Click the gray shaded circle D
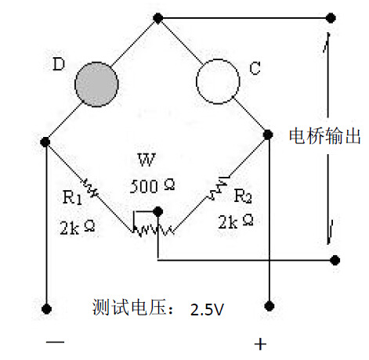coord(96,85)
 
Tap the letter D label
coord(59,64)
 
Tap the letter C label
coord(255,68)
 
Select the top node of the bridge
coord(157,18)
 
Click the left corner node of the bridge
coord(45,142)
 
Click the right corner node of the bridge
coord(268,135)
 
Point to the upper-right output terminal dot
coord(331,18)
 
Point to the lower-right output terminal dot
coord(335,260)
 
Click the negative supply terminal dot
coord(46,309)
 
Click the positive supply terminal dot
coord(270,306)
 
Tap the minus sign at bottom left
coord(55,342)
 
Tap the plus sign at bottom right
coord(260,344)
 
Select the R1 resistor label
coord(72,197)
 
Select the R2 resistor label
coord(243,196)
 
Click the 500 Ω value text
coord(152,186)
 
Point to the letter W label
coord(147,160)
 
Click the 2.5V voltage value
coord(207,310)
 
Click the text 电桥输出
coord(324,136)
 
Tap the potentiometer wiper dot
coord(157,212)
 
